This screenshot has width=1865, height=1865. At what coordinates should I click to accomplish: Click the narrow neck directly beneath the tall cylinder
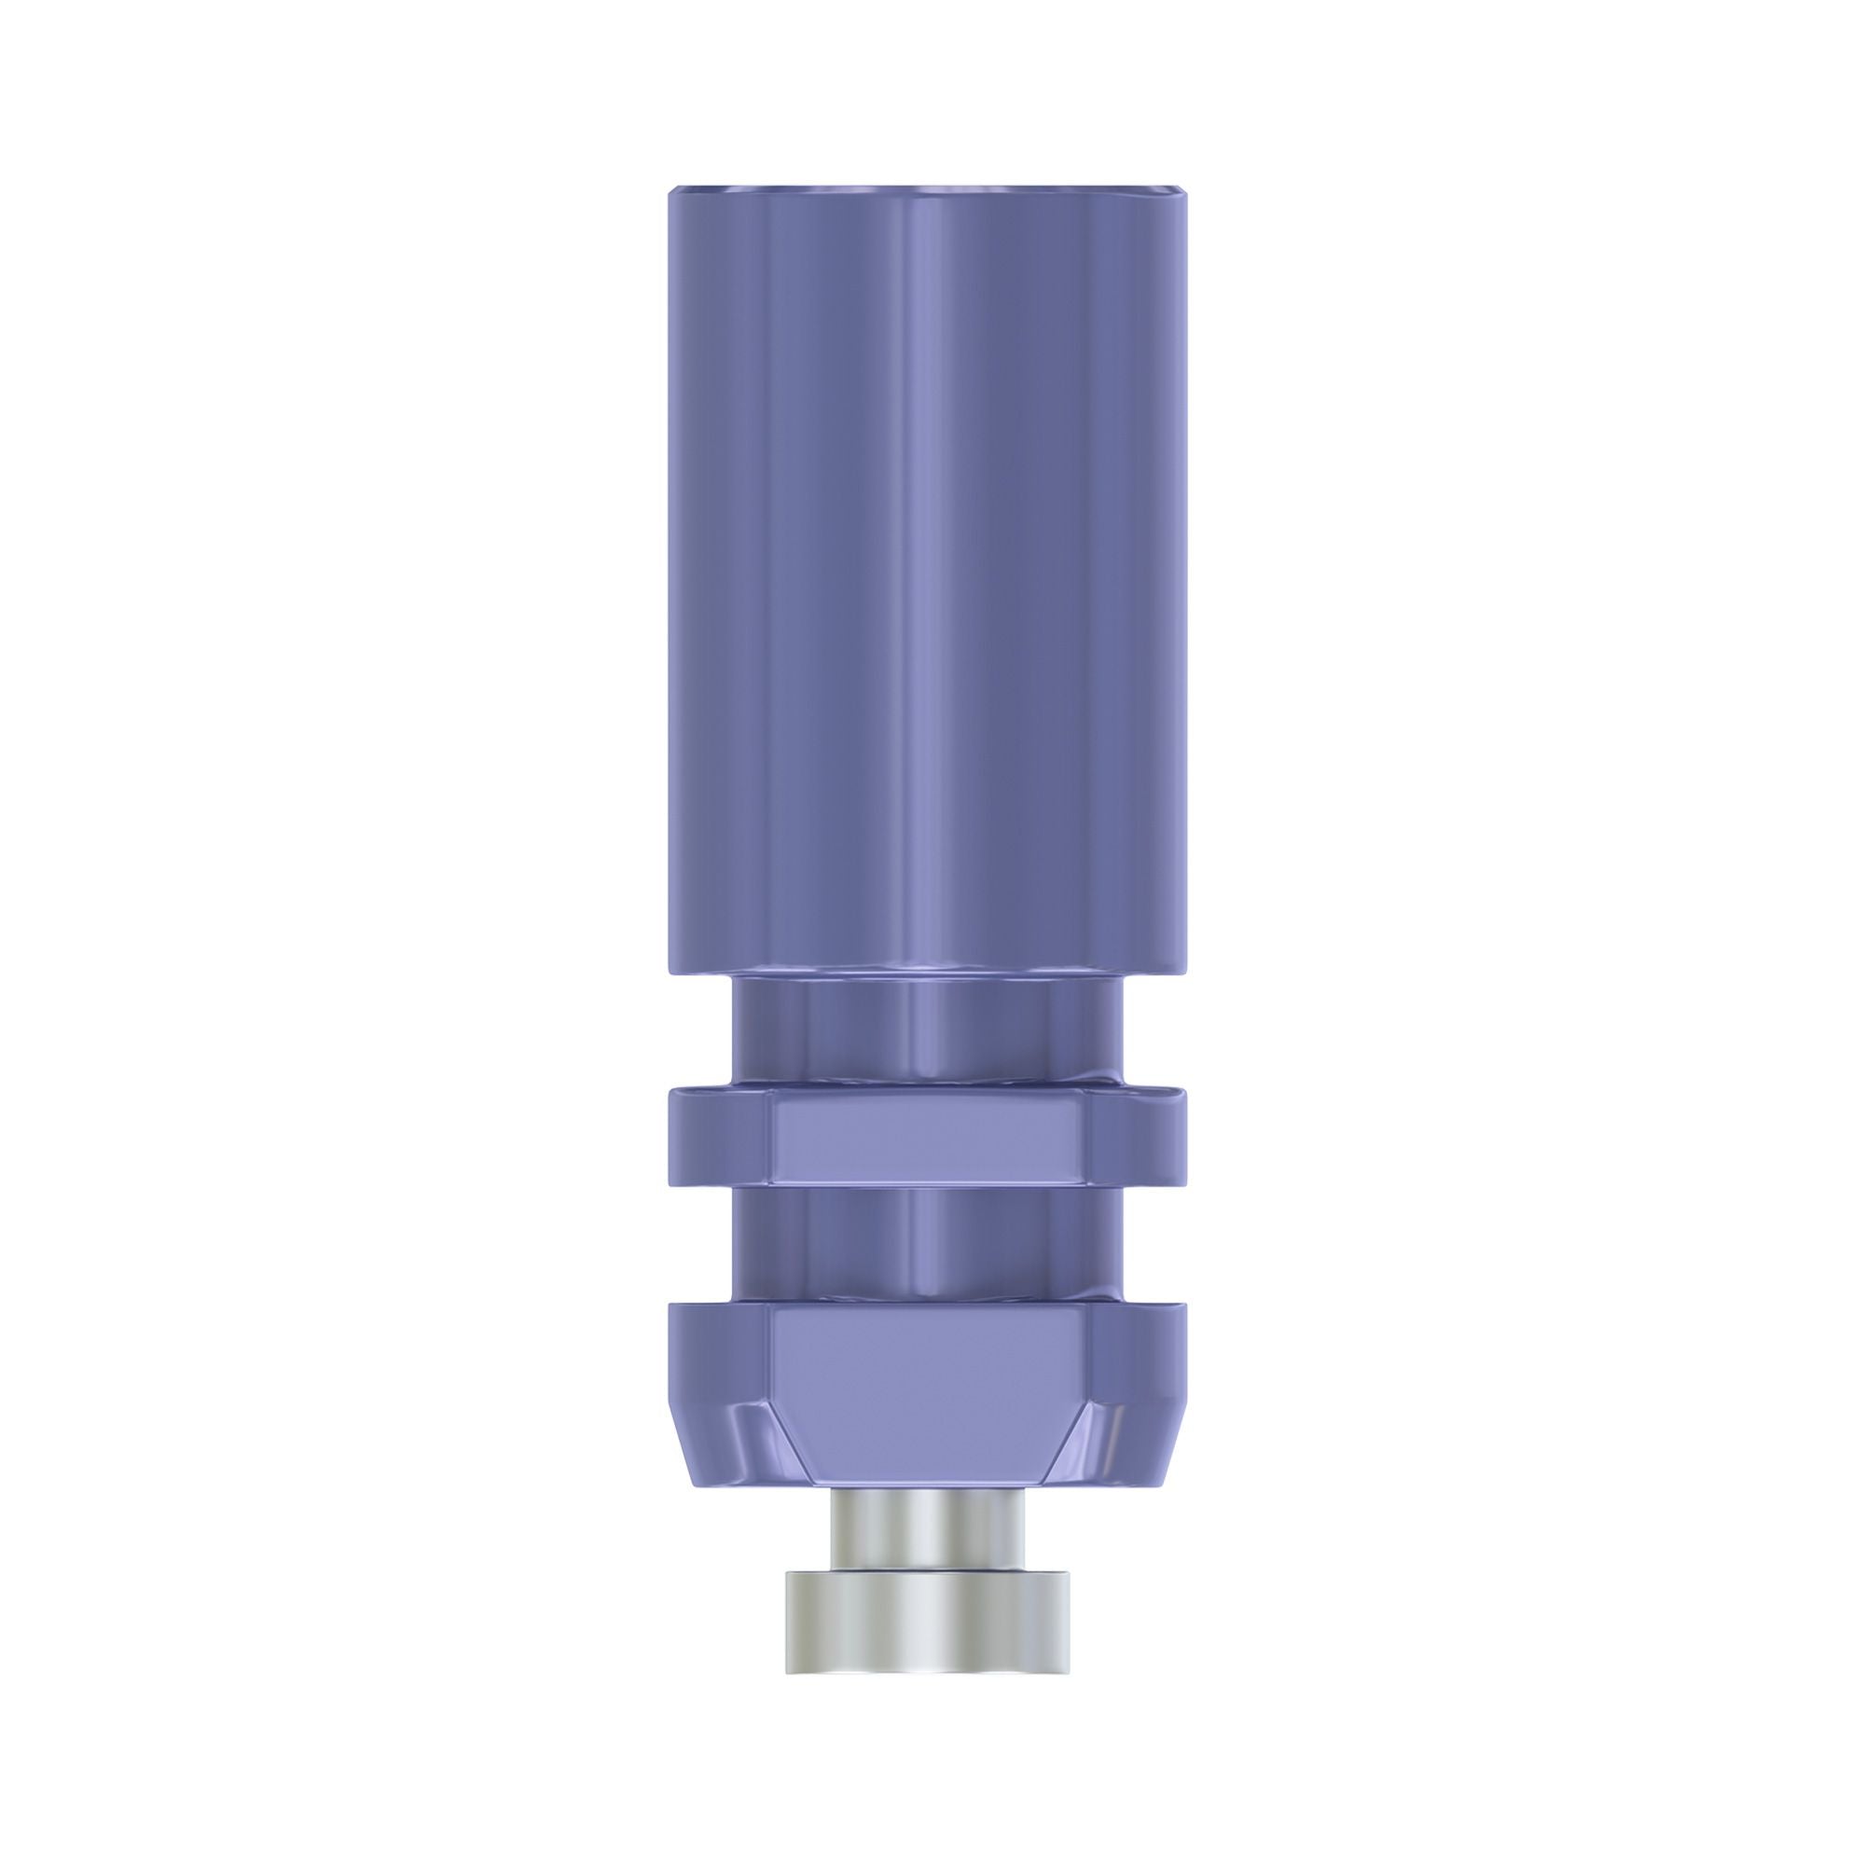click(x=927, y=1028)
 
